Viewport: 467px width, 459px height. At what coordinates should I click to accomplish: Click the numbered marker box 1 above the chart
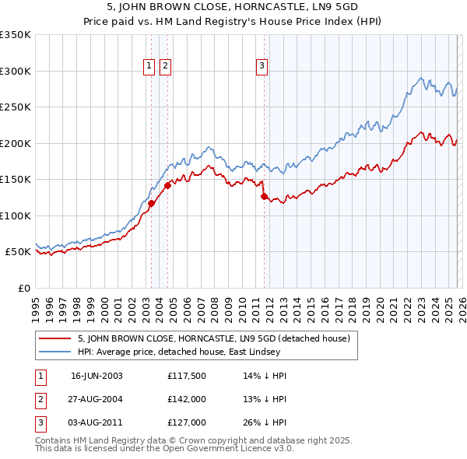click(x=149, y=67)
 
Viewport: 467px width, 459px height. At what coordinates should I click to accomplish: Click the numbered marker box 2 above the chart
click(x=166, y=67)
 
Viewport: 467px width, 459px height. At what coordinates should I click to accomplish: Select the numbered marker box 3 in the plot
click(x=262, y=67)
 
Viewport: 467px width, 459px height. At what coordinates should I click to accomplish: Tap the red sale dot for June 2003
click(x=151, y=203)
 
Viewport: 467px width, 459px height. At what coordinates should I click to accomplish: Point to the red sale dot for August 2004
click(x=167, y=185)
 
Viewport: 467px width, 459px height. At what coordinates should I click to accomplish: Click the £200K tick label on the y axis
click(x=16, y=143)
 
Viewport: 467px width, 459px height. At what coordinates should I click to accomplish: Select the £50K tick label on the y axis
click(x=18, y=252)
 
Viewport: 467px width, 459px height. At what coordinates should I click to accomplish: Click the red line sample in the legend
click(x=54, y=338)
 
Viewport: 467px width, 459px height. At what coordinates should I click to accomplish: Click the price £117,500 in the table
click(x=186, y=376)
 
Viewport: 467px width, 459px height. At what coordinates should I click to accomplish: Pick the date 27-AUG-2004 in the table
click(x=97, y=399)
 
